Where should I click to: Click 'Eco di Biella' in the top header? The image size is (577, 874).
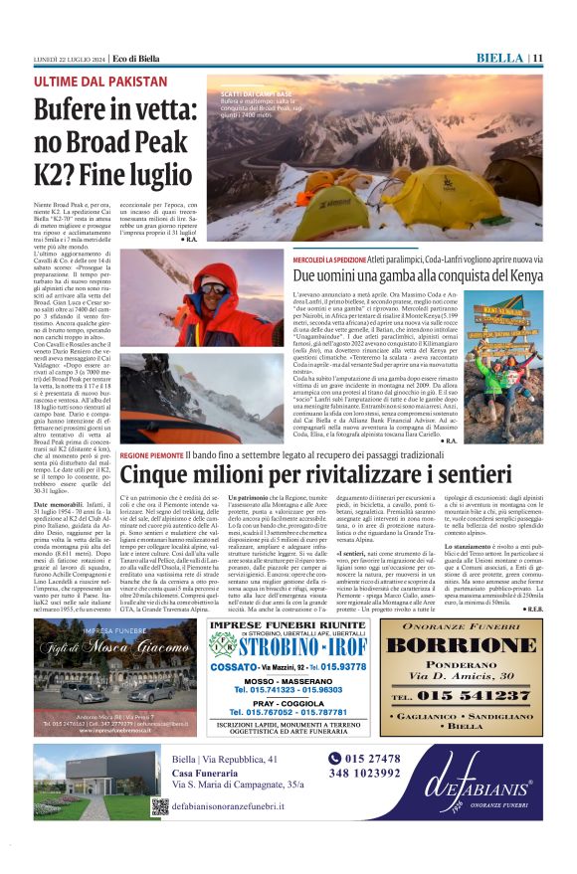[x=134, y=59]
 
